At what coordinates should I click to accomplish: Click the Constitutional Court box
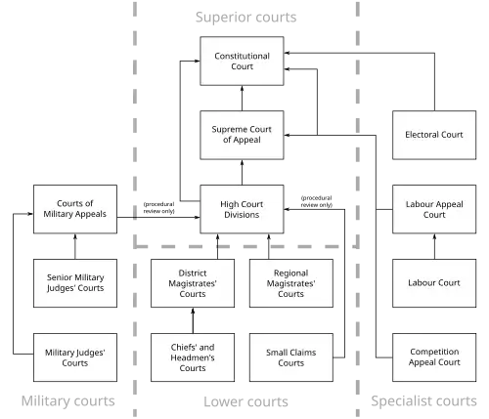tap(242, 62)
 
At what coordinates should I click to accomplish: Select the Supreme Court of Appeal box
tap(242, 135)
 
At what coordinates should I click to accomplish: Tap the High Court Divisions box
tap(242, 209)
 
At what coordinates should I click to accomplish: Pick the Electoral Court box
tap(434, 135)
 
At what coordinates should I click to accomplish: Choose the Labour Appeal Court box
tap(434, 209)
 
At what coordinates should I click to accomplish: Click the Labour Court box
tap(434, 283)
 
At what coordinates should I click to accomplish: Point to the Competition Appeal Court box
tap(434, 357)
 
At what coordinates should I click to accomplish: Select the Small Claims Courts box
tap(291, 357)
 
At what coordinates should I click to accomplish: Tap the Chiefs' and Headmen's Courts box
tap(193, 357)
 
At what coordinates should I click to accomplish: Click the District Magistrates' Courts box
tap(193, 283)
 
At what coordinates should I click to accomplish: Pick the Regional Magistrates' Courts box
tap(291, 283)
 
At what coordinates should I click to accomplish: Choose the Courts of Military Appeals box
tap(75, 209)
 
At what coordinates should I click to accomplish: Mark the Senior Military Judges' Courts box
tap(75, 283)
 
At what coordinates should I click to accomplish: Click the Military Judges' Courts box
tap(75, 357)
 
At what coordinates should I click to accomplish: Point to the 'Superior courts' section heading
tap(245, 17)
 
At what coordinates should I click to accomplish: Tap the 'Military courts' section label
tap(67, 400)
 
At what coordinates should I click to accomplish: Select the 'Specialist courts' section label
tap(423, 400)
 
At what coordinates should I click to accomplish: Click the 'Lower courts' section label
tap(245, 401)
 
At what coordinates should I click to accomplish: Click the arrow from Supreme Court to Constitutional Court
tap(242, 98)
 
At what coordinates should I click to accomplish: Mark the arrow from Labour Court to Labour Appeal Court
tap(434, 246)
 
